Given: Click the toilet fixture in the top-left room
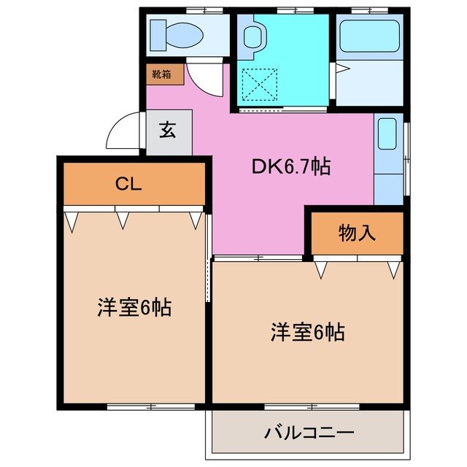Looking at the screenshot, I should point(176,34).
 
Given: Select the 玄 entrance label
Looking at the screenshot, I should point(168,131).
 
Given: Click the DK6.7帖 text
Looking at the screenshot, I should point(291,167).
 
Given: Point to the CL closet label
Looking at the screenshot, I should point(127,183).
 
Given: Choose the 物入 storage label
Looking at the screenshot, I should point(357,233).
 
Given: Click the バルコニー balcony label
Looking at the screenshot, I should point(309,433).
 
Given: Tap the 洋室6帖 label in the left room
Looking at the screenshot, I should point(134,307).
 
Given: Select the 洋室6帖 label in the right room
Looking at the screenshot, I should point(307,332).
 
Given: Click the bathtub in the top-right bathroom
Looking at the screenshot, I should point(369,36).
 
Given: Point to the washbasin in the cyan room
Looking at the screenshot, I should point(252,36).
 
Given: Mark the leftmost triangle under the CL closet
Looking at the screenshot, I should point(72,220).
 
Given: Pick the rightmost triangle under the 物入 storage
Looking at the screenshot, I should point(394,270).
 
